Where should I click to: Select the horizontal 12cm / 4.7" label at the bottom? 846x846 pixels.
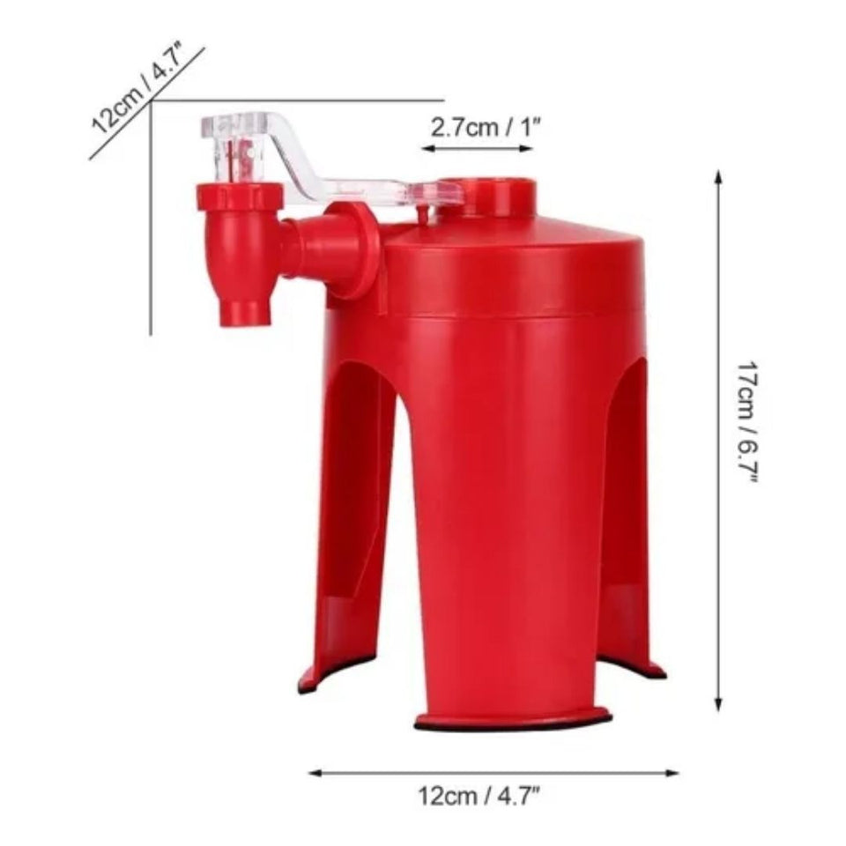click(479, 798)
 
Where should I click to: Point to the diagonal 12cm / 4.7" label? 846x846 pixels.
click(138, 89)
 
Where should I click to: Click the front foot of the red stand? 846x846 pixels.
click(512, 719)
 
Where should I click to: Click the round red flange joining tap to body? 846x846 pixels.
click(352, 250)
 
